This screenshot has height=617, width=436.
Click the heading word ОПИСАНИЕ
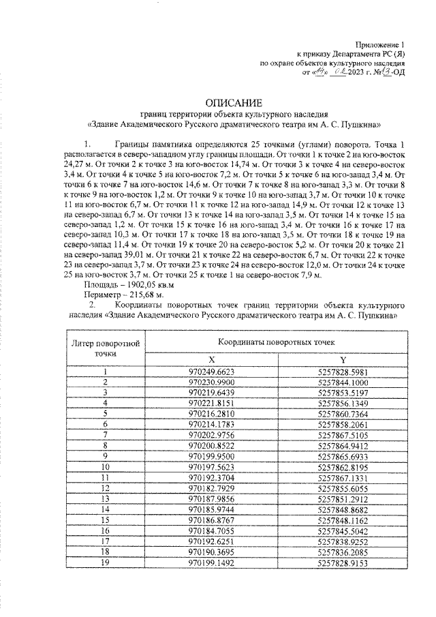tap(217, 102)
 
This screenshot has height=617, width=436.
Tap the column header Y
tap(343, 359)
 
